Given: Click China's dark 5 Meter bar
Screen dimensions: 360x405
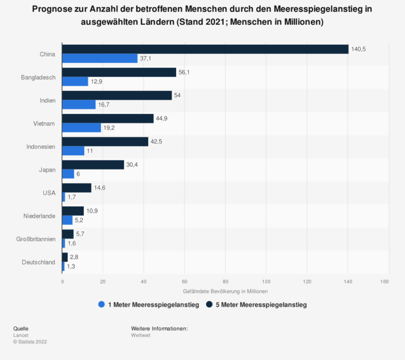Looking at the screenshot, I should (x=205, y=49).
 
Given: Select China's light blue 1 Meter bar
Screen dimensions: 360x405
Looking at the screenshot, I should (x=100, y=58).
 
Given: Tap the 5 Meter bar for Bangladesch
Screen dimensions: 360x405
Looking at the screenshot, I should (x=119, y=72).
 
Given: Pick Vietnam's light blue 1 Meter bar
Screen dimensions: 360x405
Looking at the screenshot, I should (x=81, y=128).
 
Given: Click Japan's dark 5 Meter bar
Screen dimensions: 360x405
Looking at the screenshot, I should (x=93, y=165).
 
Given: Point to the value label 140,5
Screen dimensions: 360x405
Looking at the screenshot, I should (x=359, y=49).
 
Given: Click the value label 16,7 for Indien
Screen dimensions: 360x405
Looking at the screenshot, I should (x=104, y=105).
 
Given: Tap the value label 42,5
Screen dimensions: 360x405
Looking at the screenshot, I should (x=158, y=141).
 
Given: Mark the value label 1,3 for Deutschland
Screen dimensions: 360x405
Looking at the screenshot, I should (x=71, y=267).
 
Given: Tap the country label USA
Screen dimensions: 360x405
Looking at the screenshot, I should (x=49, y=193).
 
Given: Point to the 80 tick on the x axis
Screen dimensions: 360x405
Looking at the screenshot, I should (x=225, y=281).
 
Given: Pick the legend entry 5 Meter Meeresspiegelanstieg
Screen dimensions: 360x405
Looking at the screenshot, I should (x=261, y=305).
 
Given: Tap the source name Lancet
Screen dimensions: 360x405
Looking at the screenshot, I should (x=22, y=335).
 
